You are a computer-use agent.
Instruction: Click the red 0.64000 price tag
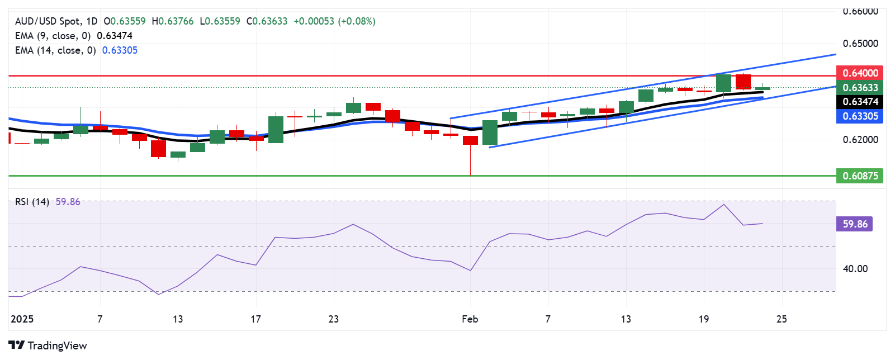(x=860, y=73)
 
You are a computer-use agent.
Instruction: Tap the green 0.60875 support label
(x=860, y=176)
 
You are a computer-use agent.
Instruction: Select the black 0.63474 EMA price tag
(x=860, y=102)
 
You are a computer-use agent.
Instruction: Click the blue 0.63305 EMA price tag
(x=860, y=116)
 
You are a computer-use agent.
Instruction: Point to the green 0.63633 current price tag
(x=860, y=88)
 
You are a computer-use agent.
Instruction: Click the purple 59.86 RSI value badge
(x=855, y=224)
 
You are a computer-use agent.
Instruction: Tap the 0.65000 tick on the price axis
(x=860, y=44)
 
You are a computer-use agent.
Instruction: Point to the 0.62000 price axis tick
(x=860, y=140)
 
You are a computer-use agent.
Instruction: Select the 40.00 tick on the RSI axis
(x=855, y=269)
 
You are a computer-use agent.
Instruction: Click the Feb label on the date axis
(x=470, y=319)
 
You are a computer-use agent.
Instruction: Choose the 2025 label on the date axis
(x=22, y=319)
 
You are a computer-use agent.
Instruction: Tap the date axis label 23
(x=334, y=319)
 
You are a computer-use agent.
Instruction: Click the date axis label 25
(x=782, y=319)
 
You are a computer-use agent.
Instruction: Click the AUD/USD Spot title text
(x=48, y=21)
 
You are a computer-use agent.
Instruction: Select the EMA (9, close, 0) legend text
(x=53, y=36)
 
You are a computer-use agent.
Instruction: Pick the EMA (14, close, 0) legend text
(x=55, y=50)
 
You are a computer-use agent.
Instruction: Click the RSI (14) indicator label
(x=32, y=202)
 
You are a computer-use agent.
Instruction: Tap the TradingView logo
(x=48, y=345)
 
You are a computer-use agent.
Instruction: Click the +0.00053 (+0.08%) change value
(x=334, y=21)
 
